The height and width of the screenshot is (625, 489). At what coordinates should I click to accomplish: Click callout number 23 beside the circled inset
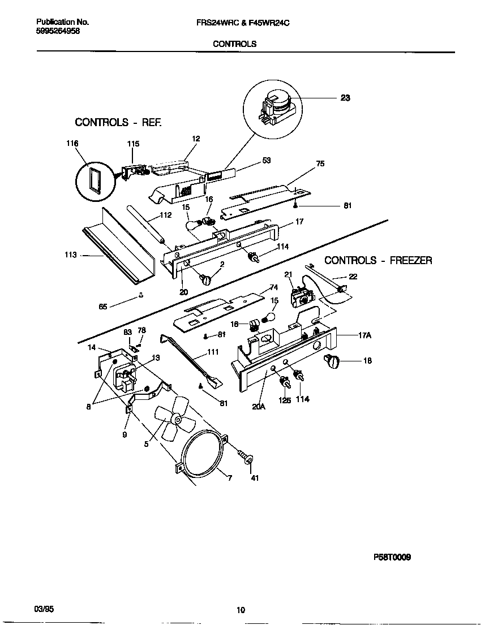pyautogui.click(x=345, y=98)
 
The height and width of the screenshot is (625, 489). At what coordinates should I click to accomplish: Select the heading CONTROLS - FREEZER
pyautogui.click(x=378, y=261)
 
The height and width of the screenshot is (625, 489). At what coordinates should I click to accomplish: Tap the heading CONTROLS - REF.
pyautogui.click(x=118, y=122)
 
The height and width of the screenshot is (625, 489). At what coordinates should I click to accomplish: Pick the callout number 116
pyautogui.click(x=72, y=144)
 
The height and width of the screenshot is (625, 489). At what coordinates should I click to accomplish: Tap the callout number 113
pyautogui.click(x=71, y=256)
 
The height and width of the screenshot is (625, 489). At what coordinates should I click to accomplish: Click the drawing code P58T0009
pyautogui.click(x=392, y=557)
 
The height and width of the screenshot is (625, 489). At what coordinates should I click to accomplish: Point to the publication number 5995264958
pyautogui.click(x=58, y=32)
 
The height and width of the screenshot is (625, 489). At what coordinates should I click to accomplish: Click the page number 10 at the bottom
pyautogui.click(x=241, y=610)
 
